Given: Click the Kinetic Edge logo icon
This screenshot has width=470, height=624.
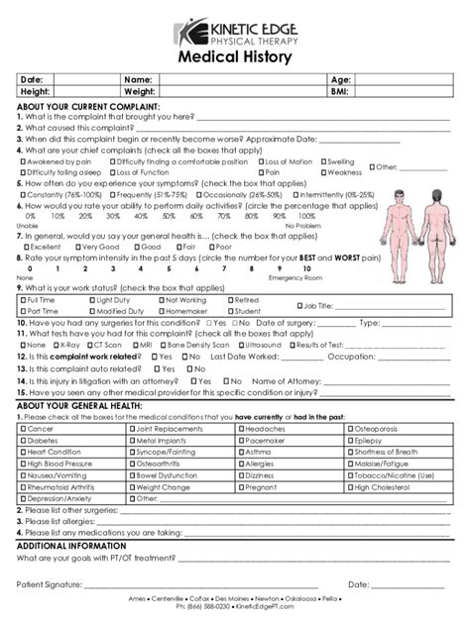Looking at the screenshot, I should point(189,34).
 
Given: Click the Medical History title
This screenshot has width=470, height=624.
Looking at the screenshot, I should point(235,57).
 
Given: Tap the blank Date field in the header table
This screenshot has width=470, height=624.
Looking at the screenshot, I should point(83,79).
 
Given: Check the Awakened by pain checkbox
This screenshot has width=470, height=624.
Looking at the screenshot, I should point(22,161).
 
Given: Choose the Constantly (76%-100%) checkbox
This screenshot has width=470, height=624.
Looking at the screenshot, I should point(22,195).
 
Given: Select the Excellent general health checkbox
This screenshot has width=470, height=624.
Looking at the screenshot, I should point(22,247).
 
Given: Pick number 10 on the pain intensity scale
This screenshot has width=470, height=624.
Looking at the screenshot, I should point(281,268).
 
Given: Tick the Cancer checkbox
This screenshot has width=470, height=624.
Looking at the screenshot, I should point(22,429).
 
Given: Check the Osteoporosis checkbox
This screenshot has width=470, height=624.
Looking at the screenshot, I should point(350,429).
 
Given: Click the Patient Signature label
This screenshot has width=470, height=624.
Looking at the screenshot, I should point(50,584).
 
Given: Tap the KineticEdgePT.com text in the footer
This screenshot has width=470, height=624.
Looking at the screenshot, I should point(262,606).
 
